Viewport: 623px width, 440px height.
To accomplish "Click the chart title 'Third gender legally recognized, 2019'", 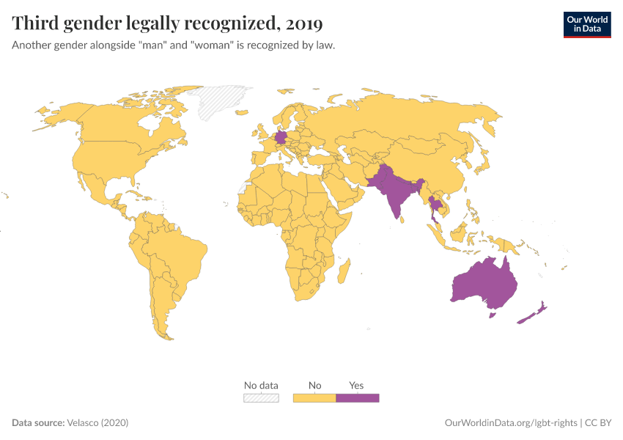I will [167, 23].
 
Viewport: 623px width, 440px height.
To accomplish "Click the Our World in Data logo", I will [586, 23].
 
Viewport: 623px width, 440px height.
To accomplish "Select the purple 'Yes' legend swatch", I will [357, 397].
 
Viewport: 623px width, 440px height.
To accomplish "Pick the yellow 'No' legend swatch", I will [314, 397].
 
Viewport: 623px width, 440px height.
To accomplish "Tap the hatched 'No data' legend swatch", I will [261, 397].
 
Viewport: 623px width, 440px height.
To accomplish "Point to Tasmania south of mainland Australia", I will [493, 315].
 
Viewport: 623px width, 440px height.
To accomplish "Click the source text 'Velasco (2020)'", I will [97, 423].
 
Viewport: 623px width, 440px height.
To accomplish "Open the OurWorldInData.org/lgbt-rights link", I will [511, 423].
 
